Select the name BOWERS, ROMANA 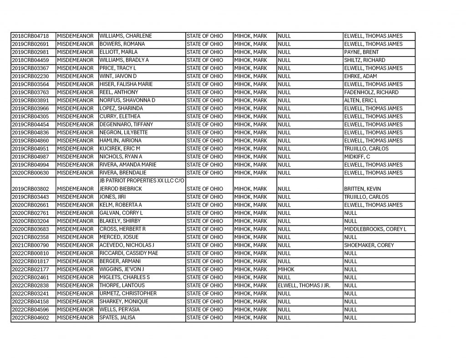click(x=122, y=44)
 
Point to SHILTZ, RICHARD click(x=365, y=60)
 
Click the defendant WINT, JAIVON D click(x=118, y=76)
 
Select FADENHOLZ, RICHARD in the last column click(x=371, y=92)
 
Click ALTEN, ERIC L click(x=361, y=100)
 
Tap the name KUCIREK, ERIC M click(x=120, y=149)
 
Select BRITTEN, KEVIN click(x=363, y=189)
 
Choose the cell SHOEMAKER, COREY click(x=369, y=245)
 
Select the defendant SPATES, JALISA click(x=117, y=318)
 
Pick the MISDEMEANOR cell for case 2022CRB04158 click(x=76, y=302)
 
